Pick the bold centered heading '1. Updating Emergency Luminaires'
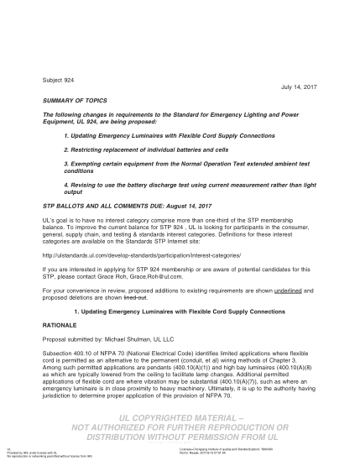(180, 310)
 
